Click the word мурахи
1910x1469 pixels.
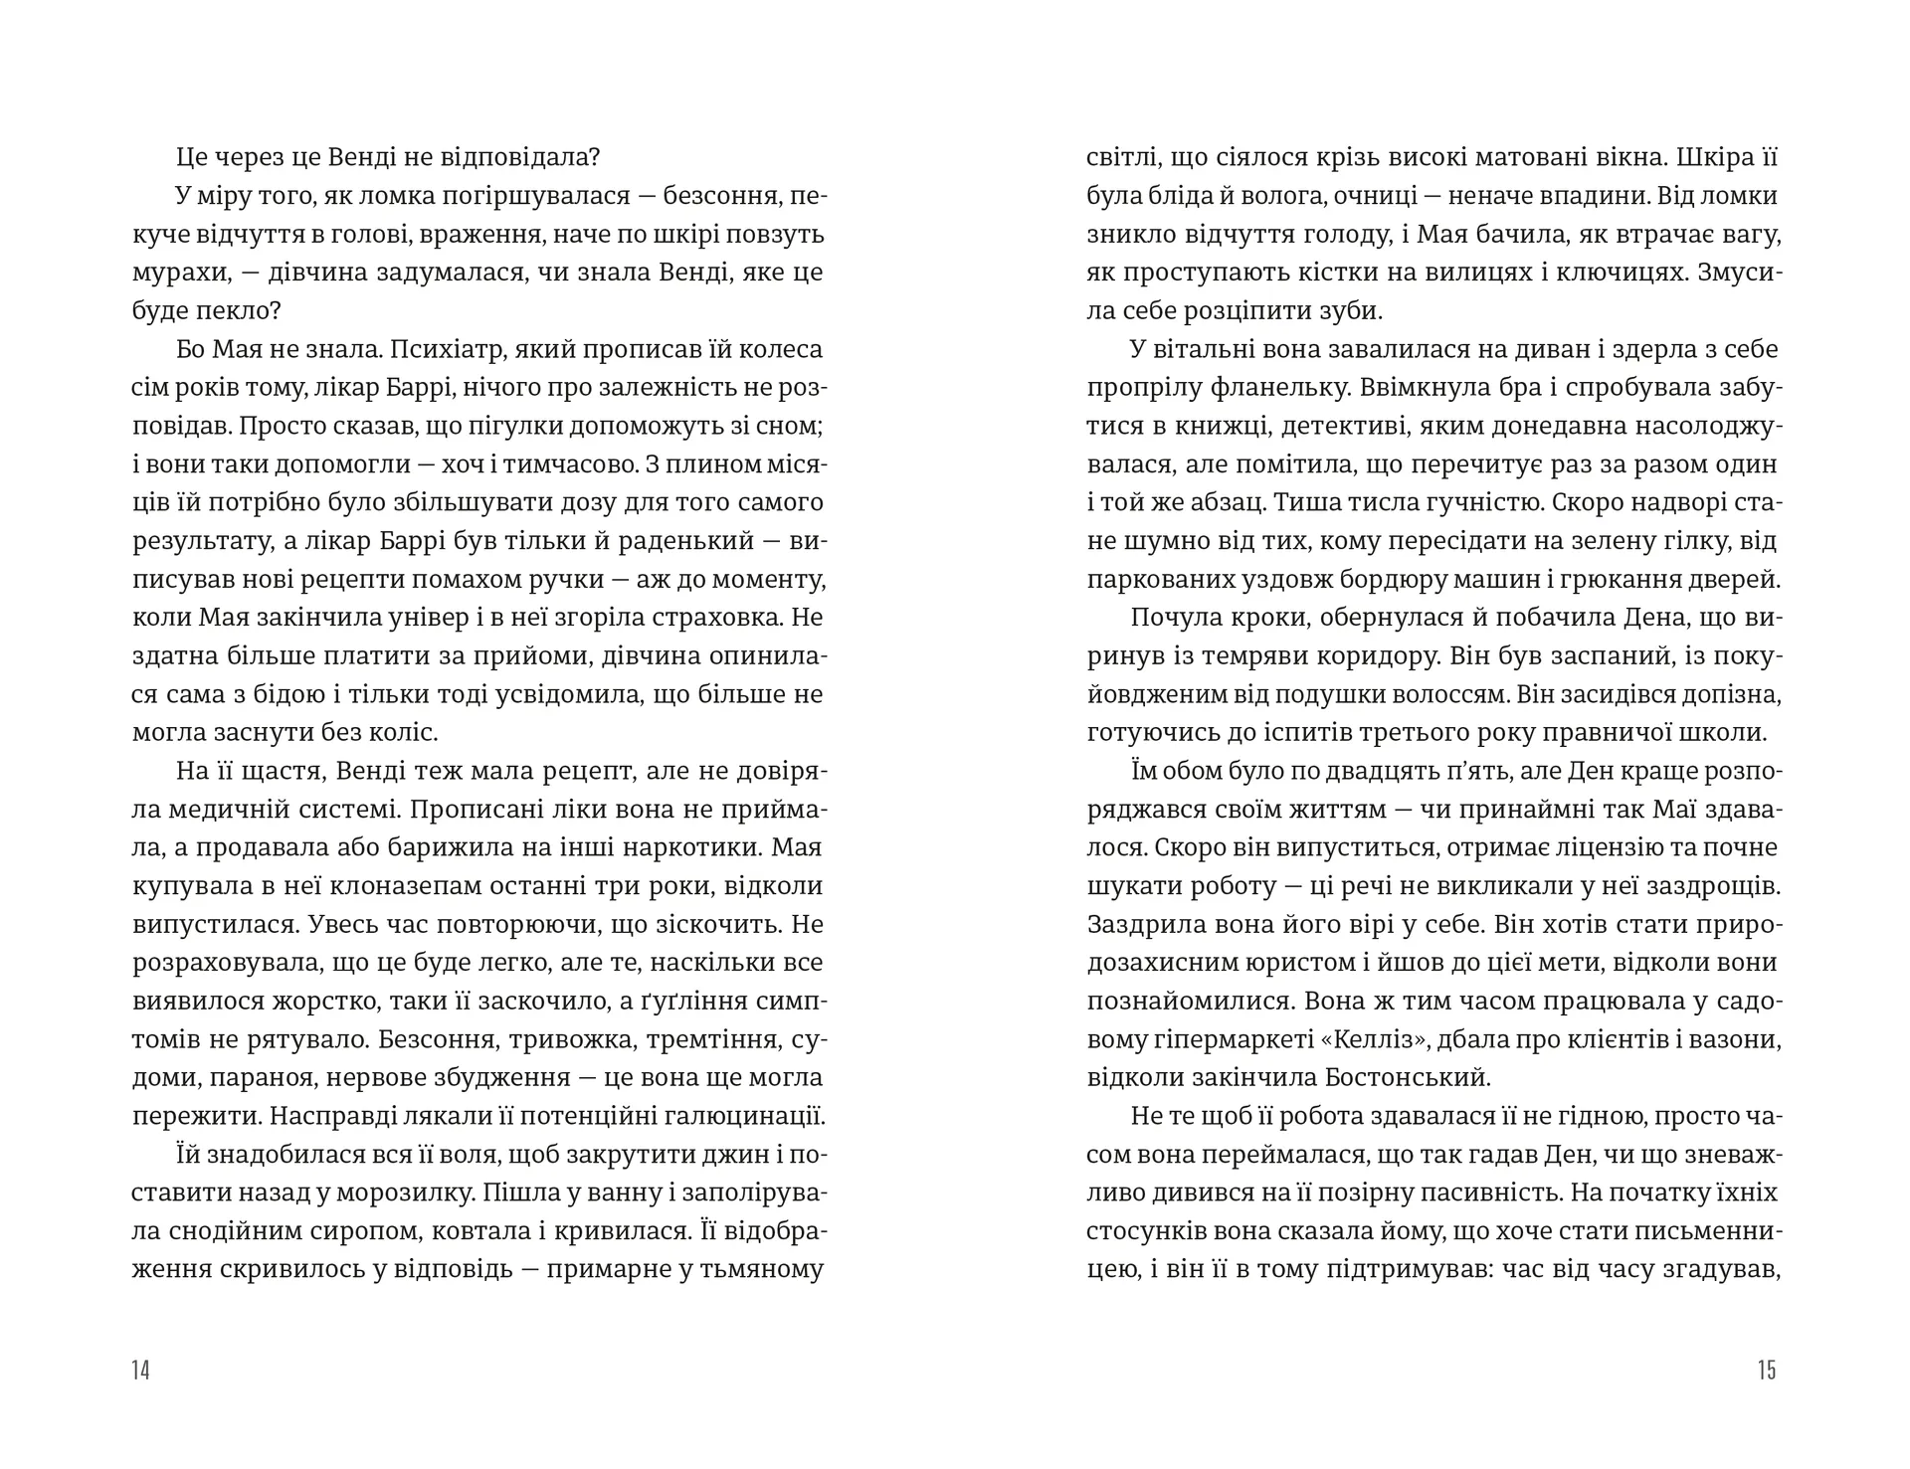click(x=178, y=273)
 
